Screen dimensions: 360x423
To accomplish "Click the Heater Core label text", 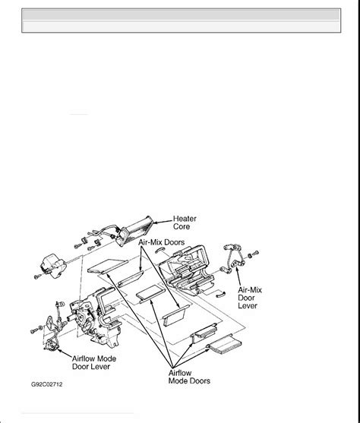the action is tap(185, 223).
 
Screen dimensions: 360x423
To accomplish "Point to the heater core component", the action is tap(136, 231).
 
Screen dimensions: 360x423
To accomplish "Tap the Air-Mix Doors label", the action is tap(161, 242).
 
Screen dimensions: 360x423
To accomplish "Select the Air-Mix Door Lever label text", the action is tap(250, 298).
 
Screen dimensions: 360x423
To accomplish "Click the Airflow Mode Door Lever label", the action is tap(94, 362).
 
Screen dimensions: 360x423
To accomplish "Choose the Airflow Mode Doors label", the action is tap(189, 377).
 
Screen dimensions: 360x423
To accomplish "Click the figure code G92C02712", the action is tap(46, 384).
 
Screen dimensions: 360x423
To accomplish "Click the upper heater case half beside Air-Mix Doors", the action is tap(187, 270).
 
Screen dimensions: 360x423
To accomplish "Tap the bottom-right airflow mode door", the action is tap(225, 344).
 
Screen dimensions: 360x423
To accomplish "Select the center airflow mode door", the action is tap(150, 294).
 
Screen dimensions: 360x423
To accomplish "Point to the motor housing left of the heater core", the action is tap(53, 265).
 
